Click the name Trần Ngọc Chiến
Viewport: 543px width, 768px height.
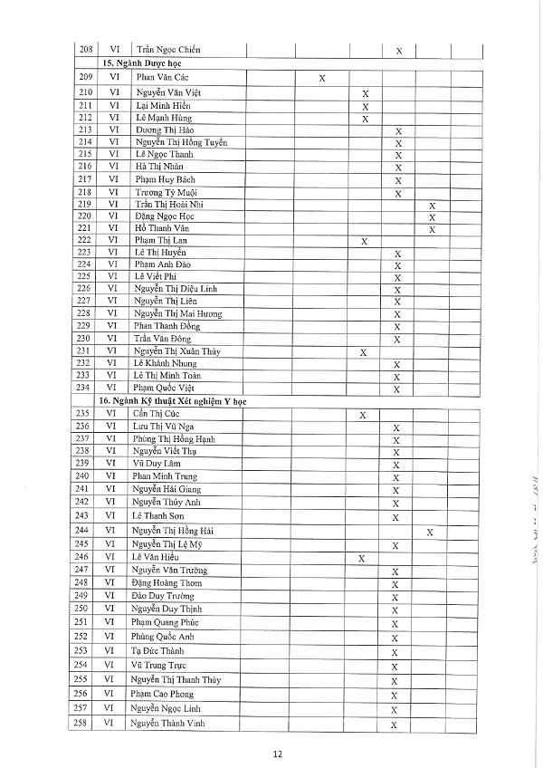coord(167,49)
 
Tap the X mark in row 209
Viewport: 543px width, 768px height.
coord(323,80)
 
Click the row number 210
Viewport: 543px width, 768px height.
coord(85,92)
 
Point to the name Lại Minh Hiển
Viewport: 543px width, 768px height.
coord(163,105)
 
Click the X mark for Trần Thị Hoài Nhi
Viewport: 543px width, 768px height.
coord(432,206)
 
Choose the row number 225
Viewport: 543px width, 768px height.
coord(85,276)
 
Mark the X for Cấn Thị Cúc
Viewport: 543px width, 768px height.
coord(362,416)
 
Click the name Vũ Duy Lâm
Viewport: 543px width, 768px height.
coord(156,463)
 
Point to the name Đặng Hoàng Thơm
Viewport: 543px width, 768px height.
coord(168,582)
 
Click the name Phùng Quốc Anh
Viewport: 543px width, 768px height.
coord(168,636)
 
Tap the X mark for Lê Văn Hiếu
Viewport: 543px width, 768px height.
coord(362,559)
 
